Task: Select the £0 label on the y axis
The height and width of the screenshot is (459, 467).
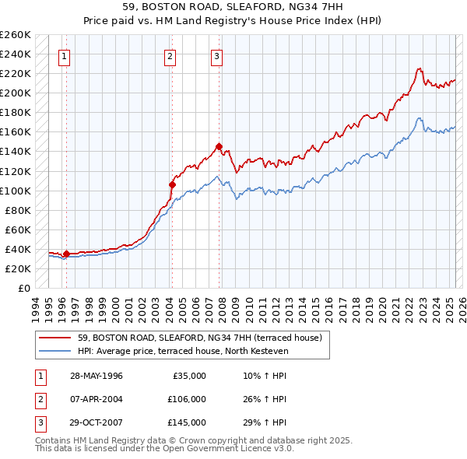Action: (x=24, y=288)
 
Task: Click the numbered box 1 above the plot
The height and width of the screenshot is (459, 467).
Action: (x=63, y=56)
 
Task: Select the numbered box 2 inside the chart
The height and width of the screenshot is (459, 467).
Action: (x=170, y=56)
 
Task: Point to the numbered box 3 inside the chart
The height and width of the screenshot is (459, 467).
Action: (x=216, y=56)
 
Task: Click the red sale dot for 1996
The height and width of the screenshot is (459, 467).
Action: (x=66, y=253)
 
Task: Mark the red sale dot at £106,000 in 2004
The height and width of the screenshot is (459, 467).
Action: (x=172, y=184)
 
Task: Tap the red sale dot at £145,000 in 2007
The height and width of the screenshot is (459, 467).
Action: (x=219, y=146)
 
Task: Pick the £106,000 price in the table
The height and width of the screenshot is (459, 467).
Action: (x=186, y=399)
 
